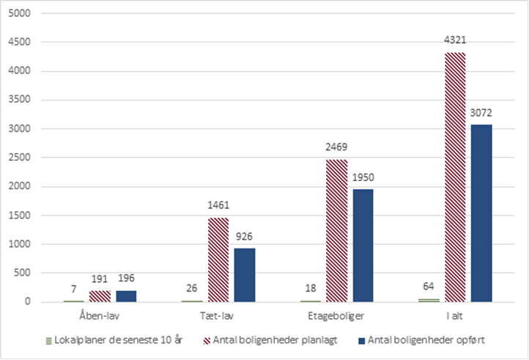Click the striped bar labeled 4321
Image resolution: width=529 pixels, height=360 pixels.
pyautogui.click(x=454, y=177)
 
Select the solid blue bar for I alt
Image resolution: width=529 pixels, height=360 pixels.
pyautogui.click(x=481, y=213)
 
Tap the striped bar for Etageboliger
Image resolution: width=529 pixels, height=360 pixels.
pyautogui.click(x=336, y=230)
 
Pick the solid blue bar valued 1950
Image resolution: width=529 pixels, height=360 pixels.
pyautogui.click(x=363, y=245)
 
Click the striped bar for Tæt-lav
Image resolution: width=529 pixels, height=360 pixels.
pyautogui.click(x=218, y=260)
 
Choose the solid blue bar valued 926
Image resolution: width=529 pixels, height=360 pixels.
pyautogui.click(x=245, y=275)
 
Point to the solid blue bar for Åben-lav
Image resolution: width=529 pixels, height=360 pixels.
pyautogui.click(x=126, y=295)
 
